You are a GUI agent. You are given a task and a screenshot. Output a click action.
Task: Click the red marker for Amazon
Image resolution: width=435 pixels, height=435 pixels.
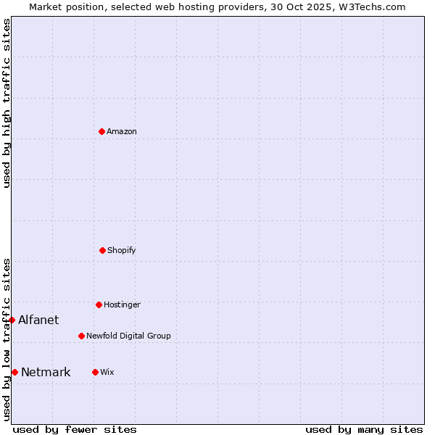click(101, 131)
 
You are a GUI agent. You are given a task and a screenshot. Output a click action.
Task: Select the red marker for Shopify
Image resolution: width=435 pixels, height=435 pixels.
click(102, 250)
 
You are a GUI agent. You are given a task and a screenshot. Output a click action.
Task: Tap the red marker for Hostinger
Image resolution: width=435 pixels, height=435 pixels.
click(99, 304)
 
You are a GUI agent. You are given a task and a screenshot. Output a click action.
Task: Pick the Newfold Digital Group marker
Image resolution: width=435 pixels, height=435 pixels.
click(81, 336)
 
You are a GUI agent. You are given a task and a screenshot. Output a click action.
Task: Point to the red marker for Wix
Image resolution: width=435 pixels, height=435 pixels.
click(95, 372)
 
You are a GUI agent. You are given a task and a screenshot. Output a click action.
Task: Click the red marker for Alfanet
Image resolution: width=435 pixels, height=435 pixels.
click(12, 320)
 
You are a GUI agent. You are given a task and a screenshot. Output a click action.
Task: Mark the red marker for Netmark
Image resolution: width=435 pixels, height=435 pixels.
click(14, 372)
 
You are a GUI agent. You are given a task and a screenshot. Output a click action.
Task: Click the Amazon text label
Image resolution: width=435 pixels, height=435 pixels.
click(122, 131)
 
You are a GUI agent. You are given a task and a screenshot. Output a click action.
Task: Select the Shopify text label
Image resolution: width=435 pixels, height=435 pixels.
click(122, 250)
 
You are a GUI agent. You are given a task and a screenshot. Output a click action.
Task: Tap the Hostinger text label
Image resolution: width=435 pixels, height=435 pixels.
click(122, 304)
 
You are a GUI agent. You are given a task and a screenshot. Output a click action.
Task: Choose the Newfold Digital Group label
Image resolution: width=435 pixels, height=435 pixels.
click(128, 336)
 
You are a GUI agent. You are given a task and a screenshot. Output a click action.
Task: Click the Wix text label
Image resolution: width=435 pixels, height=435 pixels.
click(107, 372)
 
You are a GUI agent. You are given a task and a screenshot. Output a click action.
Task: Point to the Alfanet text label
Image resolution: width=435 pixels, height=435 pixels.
click(38, 320)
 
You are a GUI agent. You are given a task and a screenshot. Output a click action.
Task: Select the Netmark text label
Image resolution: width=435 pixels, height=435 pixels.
click(46, 372)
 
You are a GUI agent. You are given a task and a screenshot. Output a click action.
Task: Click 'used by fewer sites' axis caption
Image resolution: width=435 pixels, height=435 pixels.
click(75, 429)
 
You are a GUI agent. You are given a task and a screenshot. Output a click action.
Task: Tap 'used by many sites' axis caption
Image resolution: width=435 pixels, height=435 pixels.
click(364, 429)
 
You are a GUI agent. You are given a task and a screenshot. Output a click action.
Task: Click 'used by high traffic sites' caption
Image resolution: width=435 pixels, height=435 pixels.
click(7, 103)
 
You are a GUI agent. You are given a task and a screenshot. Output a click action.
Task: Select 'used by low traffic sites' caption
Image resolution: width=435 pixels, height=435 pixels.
click(7, 339)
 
